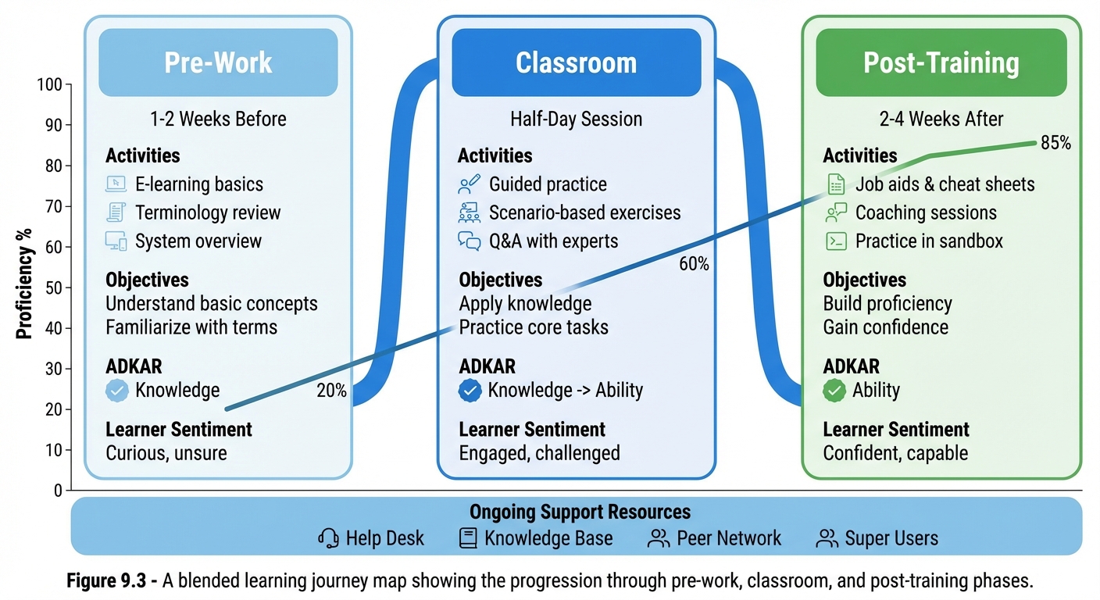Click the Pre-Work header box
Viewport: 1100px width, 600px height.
(x=218, y=62)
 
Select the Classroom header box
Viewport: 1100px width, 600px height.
(x=576, y=62)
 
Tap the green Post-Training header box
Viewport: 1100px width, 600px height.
(x=941, y=62)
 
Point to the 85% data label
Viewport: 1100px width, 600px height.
(x=1055, y=143)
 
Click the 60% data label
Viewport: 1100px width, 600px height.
(x=694, y=264)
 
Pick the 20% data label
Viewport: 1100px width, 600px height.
(x=331, y=391)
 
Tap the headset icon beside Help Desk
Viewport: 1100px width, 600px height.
(x=328, y=538)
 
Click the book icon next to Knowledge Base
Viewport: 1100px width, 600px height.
(x=468, y=538)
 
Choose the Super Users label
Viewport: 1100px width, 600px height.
(x=891, y=538)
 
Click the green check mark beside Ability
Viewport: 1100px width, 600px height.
(x=834, y=390)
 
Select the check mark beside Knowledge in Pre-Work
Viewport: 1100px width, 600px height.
(x=116, y=390)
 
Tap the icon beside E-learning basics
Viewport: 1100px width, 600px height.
(x=116, y=184)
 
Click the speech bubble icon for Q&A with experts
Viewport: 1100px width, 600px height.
(x=469, y=241)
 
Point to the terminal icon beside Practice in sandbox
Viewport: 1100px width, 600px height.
(x=836, y=241)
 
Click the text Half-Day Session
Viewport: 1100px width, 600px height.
(x=576, y=119)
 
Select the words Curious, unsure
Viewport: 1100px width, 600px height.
(x=166, y=453)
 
